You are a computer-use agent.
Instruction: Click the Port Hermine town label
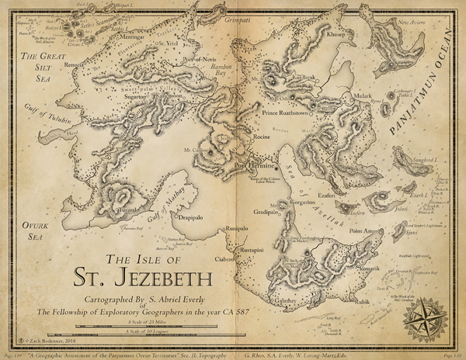pos(250,165)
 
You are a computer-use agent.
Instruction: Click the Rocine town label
pos(261,137)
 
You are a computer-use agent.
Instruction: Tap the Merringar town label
pos(131,37)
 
